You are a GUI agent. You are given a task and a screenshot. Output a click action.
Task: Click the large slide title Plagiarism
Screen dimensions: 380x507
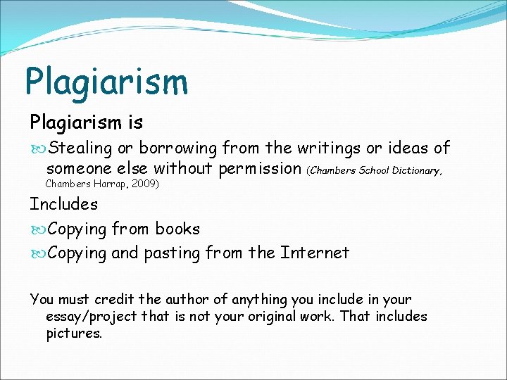[x=106, y=81]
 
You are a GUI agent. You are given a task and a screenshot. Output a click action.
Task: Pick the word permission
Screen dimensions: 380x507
[x=260, y=168]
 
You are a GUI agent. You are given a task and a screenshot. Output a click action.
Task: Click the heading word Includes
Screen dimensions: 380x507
[x=63, y=204]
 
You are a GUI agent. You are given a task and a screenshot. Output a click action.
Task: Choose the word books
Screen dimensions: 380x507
[x=177, y=229]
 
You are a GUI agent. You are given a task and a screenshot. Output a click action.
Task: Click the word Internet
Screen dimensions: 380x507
[x=315, y=253]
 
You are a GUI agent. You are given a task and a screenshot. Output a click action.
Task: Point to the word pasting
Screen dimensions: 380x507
[x=172, y=253]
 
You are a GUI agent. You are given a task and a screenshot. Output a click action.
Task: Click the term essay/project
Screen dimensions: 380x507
[x=91, y=317]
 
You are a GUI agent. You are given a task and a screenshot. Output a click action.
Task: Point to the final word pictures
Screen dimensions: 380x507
[x=73, y=334]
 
